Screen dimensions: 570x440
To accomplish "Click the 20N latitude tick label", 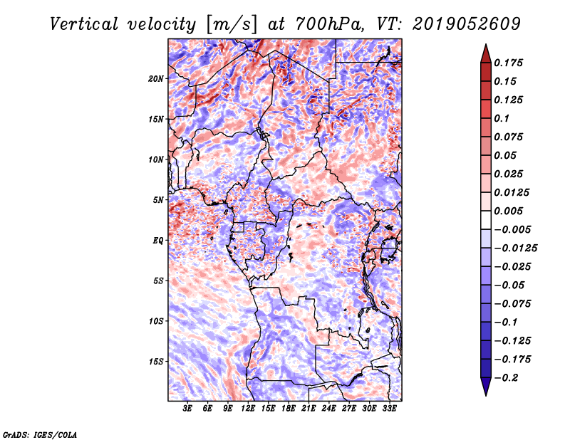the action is click(x=156, y=79).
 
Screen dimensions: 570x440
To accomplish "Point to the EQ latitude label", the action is click(x=157, y=241).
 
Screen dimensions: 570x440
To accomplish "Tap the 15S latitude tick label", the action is click(x=156, y=362).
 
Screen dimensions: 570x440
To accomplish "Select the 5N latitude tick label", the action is click(x=158, y=200).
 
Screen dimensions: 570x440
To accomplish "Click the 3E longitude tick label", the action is click(x=187, y=409).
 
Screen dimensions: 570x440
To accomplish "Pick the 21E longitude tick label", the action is click(x=309, y=409).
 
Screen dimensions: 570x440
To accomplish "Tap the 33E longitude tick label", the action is click(x=389, y=409).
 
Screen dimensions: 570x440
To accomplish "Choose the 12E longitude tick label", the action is click(x=248, y=409).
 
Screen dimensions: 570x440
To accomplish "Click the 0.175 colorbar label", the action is click(x=508, y=63).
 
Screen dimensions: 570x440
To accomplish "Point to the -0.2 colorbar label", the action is click(x=506, y=378).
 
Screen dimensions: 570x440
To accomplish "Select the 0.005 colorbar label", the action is click(x=508, y=211).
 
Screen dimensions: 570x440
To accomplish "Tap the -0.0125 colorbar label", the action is click(x=515, y=248).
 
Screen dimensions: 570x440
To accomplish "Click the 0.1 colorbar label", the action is click(x=502, y=118).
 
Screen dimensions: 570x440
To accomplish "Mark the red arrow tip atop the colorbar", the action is click(x=486, y=44).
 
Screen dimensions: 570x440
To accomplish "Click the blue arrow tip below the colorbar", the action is click(x=486, y=395).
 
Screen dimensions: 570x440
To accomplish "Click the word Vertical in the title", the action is click(x=84, y=24).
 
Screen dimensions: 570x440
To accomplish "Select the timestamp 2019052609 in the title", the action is click(x=467, y=24).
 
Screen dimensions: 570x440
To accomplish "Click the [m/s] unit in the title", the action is click(x=231, y=25).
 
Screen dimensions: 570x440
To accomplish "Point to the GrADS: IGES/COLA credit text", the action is click(x=40, y=435).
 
